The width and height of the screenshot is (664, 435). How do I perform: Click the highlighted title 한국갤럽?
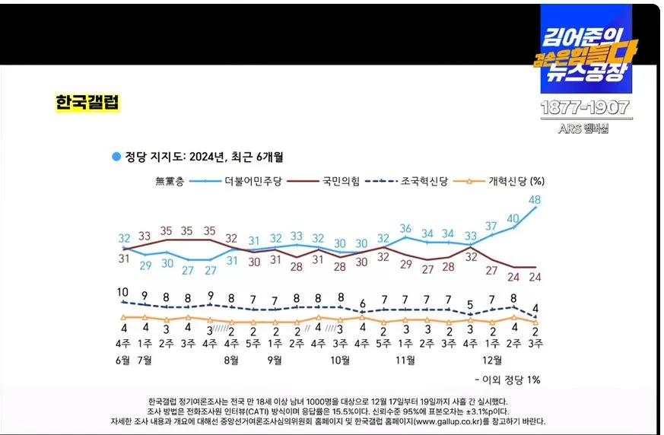coord(87,102)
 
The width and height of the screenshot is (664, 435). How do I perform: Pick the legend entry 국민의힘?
coord(342,180)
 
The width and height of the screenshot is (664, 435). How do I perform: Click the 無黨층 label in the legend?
coord(169,180)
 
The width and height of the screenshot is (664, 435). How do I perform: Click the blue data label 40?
coord(513,217)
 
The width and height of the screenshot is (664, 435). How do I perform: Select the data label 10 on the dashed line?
coord(122,292)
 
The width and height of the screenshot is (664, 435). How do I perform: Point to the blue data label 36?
coord(405,228)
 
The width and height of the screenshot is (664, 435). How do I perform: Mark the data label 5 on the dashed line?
coord(471,304)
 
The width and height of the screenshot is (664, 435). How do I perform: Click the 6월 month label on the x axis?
coord(122,359)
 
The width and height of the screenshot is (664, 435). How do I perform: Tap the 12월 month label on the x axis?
coord(493,359)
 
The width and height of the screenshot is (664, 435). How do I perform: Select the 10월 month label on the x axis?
coord(342,359)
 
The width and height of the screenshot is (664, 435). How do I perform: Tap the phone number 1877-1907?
coord(585,108)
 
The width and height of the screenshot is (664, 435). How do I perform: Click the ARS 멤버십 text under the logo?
coord(585,129)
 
